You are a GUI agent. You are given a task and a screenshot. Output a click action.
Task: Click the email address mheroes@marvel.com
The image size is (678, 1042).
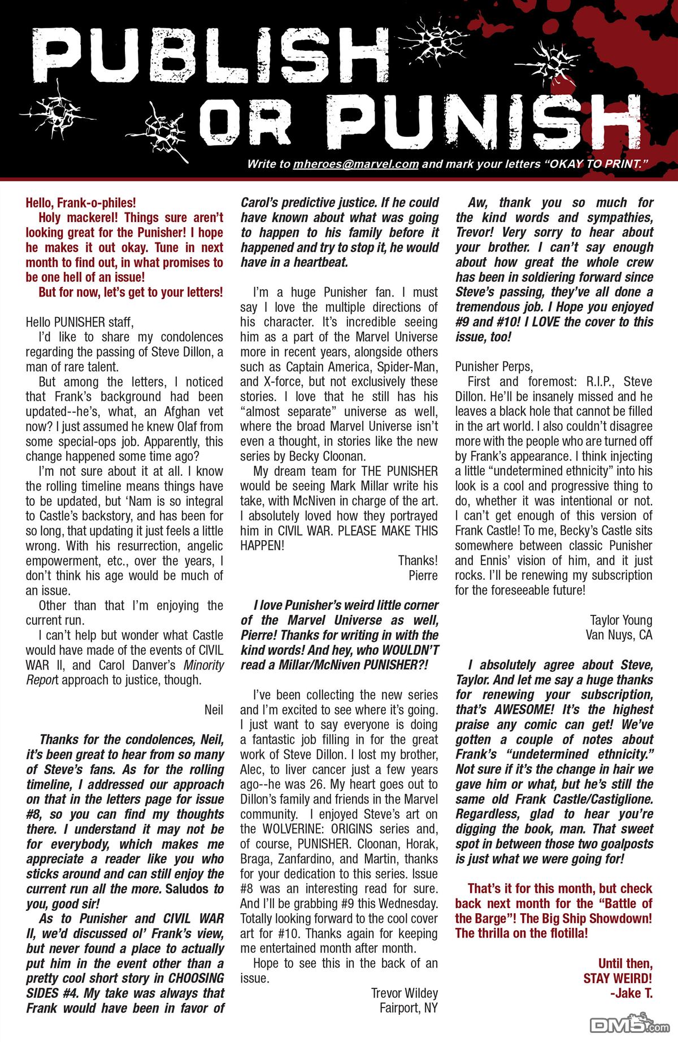pos(355,164)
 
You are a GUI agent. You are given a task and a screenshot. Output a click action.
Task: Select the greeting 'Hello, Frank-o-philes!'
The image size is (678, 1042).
pos(81,202)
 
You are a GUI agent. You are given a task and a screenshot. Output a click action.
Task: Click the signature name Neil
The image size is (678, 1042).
pos(214,710)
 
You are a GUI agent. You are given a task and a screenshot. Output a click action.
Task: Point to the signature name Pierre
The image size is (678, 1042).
pos(423,575)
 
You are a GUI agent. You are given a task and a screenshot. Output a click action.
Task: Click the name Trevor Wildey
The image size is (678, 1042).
pos(404,992)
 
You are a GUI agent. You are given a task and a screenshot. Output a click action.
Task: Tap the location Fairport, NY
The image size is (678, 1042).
pos(408,1008)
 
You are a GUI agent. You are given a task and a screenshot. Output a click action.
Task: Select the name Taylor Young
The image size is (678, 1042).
pos(621,620)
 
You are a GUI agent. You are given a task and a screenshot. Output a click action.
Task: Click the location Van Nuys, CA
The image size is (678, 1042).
pos(619,635)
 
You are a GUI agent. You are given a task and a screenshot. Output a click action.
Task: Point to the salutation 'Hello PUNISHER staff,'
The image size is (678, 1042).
pos(80,322)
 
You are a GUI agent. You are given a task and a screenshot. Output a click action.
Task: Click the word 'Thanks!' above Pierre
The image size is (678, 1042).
pos(418,561)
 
